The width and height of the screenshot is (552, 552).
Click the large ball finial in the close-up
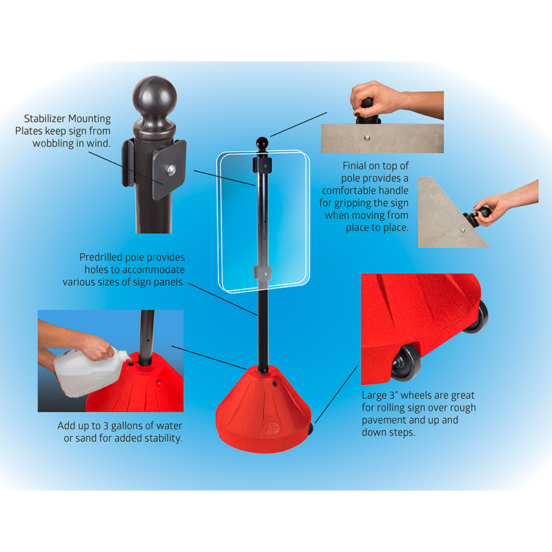click(x=155, y=95)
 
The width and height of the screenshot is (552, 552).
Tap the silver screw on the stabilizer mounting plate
click(x=171, y=170)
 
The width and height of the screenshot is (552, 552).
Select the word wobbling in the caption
click(x=54, y=144)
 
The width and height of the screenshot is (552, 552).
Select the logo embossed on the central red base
click(x=271, y=428)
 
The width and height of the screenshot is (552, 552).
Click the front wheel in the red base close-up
click(x=406, y=362)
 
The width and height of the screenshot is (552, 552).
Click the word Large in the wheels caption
click(x=373, y=396)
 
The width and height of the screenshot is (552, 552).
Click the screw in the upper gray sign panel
click(x=367, y=138)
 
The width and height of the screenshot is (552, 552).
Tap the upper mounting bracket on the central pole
click(x=262, y=165)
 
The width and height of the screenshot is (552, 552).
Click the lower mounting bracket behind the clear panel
click(x=263, y=273)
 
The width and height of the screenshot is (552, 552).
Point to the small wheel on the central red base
click(x=310, y=428)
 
